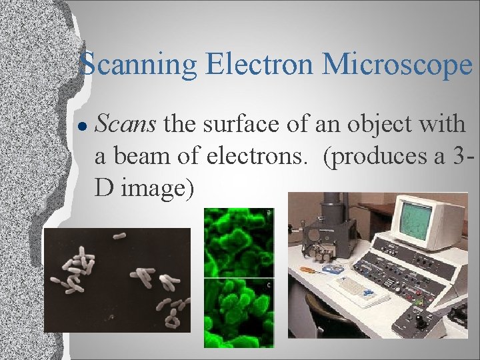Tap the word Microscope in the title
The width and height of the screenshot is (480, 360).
click(x=397, y=65)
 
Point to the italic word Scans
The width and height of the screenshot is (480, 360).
click(x=126, y=123)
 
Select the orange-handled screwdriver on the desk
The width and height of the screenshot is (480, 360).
click(x=314, y=270)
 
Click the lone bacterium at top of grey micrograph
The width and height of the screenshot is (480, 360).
click(x=119, y=235)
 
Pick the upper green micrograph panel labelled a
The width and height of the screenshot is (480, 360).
click(x=238, y=242)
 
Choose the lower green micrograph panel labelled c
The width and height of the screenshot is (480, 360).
click(x=238, y=312)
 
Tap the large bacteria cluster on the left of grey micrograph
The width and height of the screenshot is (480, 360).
click(x=77, y=271)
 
